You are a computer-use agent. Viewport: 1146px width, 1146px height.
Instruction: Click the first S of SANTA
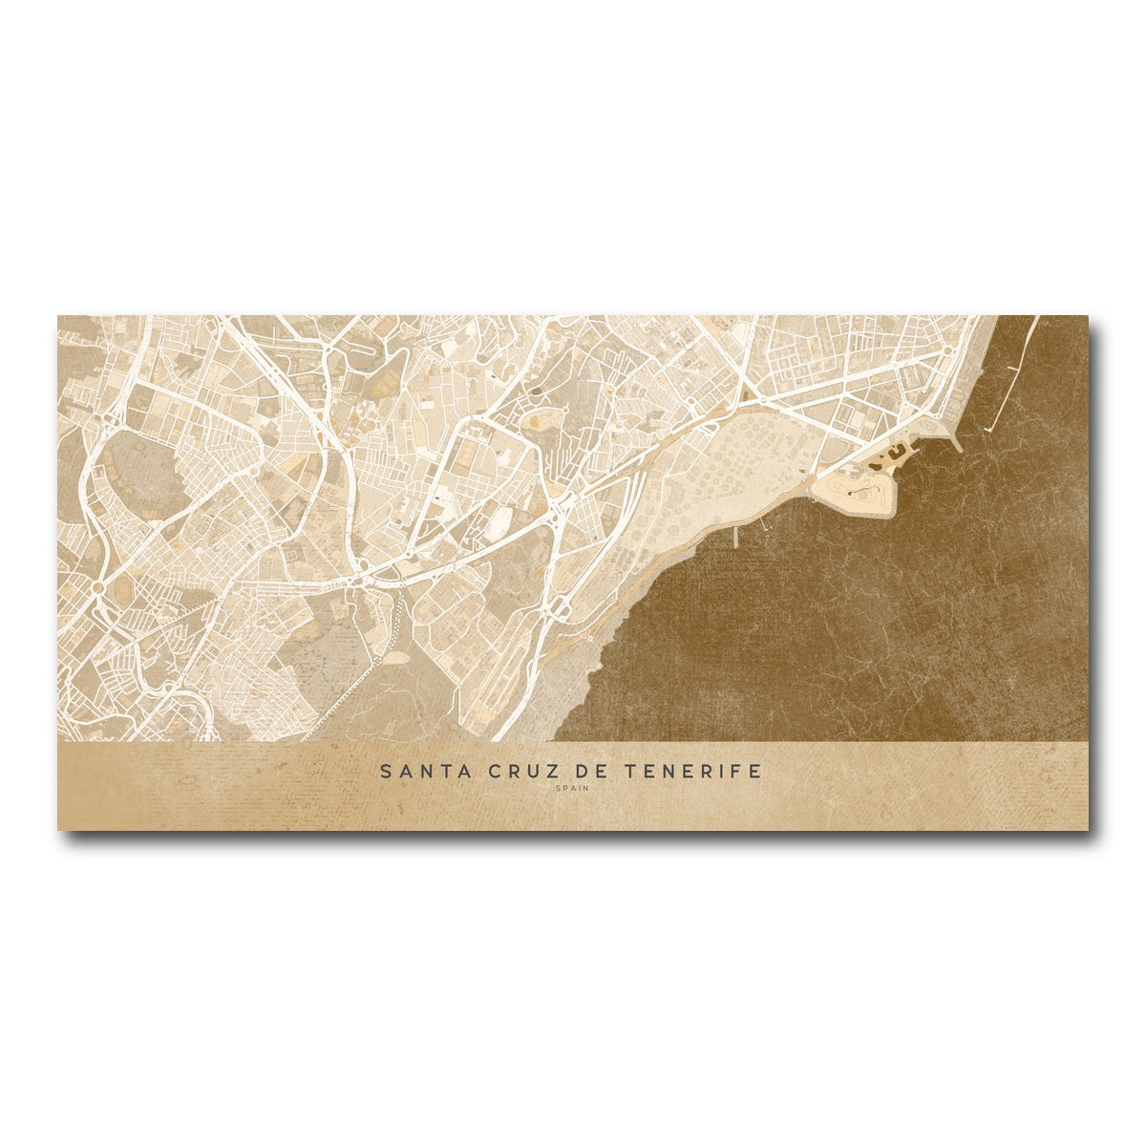[385, 772]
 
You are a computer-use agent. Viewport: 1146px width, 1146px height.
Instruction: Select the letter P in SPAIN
[563, 789]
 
